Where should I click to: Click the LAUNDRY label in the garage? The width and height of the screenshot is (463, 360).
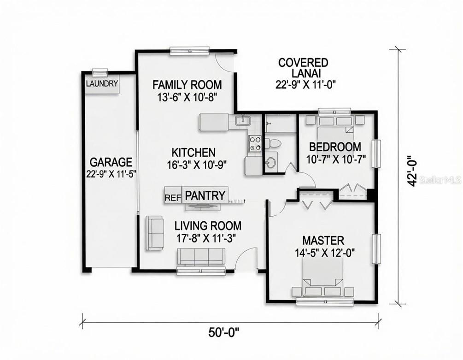(102, 83)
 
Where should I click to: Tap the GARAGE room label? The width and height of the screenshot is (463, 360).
(111, 162)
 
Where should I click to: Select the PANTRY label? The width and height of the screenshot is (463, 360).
(205, 195)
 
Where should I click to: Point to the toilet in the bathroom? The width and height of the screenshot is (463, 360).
(272, 143)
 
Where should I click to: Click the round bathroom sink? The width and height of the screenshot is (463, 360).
(271, 161)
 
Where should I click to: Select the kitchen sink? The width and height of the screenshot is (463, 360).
(243, 121)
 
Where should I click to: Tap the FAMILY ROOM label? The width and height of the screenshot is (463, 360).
(187, 85)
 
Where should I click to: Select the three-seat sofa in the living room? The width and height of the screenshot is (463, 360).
(201, 256)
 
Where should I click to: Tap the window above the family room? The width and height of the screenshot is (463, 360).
(189, 51)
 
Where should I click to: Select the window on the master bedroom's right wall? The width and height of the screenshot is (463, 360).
(375, 248)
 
